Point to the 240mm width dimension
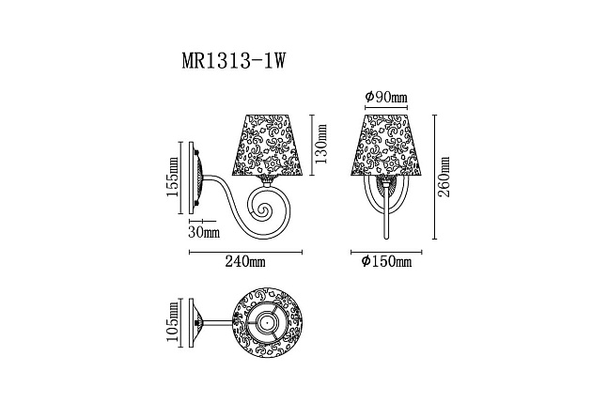pyautogui.click(x=246, y=263)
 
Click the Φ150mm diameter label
pyautogui.click(x=387, y=263)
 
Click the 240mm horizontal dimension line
pyautogui.click(x=246, y=252)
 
